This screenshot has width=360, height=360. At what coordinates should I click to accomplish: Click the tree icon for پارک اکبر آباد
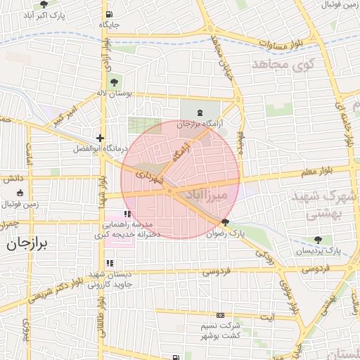pos(44,4)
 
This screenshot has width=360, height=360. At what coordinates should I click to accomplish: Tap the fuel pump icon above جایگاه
pos(108,14)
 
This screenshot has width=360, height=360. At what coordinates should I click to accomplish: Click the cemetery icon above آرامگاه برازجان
pos(200,112)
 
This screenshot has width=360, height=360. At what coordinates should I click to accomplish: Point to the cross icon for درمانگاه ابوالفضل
pos(101,139)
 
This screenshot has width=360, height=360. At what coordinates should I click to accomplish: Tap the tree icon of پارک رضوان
pos(225,223)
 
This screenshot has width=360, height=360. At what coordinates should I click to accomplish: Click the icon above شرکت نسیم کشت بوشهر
pos(221,316)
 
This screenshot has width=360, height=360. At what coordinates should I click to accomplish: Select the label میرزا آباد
pos(221,193)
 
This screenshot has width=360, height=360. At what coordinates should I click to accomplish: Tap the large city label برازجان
pos(27,244)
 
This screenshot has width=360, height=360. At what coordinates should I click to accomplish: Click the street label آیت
pos(268,317)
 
